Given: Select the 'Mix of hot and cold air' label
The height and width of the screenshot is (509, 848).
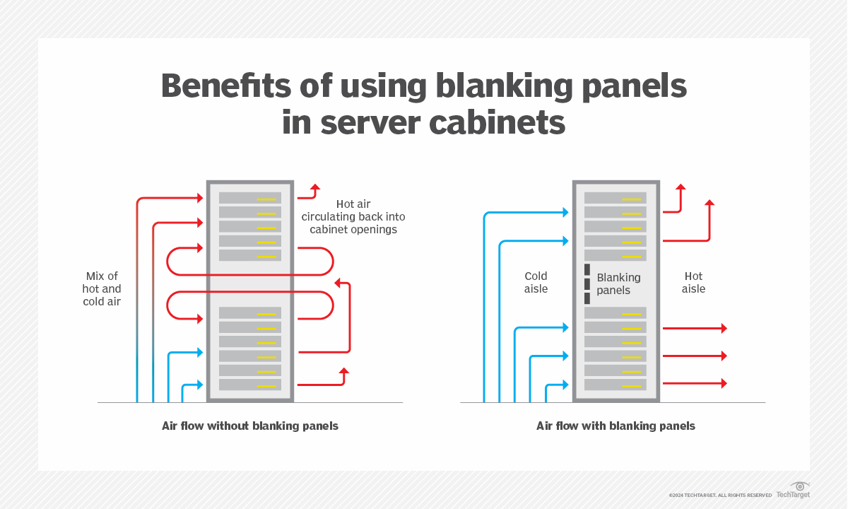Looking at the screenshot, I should [x=102, y=288].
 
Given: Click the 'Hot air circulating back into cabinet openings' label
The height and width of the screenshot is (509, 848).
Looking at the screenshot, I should [x=353, y=217].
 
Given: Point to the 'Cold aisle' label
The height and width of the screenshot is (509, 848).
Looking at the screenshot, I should [x=536, y=282].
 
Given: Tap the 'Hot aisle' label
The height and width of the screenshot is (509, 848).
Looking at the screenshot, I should [x=693, y=282].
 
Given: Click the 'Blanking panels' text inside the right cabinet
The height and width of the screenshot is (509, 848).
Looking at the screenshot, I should [x=618, y=283].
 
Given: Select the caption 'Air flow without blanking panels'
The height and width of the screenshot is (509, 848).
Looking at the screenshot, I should [x=250, y=426].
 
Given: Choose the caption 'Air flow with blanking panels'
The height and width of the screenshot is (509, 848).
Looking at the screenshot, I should [x=616, y=426].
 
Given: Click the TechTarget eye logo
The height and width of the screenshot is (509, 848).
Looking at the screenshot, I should [x=800, y=487].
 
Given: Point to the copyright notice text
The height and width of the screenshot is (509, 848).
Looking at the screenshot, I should [x=720, y=495].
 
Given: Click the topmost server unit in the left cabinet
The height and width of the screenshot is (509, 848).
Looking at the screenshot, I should [x=250, y=198].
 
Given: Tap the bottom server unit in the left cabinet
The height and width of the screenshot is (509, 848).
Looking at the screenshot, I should [x=250, y=385].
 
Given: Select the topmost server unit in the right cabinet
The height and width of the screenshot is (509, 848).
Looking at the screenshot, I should [x=616, y=198].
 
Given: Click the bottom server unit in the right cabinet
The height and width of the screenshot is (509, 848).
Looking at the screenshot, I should [x=616, y=385].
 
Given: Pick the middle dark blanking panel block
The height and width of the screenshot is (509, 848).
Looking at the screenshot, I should [x=587, y=283].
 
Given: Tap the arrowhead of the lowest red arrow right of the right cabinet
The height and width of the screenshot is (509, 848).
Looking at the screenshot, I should [x=723, y=383].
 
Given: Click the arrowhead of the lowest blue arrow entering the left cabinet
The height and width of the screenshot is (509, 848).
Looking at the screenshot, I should [x=200, y=385].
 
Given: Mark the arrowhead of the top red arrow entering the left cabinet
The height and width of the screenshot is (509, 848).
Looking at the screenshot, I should [x=200, y=199].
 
